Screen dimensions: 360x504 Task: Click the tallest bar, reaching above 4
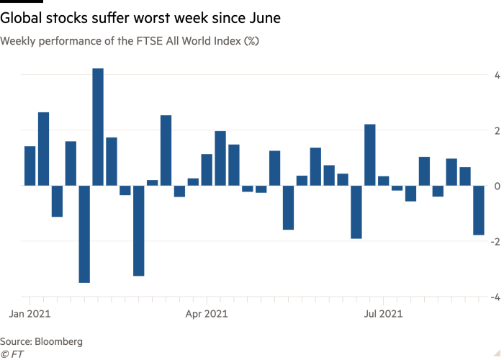coord(98,127)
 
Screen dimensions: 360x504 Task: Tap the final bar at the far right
coord(478,210)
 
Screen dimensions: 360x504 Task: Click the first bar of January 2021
coord(30,166)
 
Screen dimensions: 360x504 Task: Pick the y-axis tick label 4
coord(497,75)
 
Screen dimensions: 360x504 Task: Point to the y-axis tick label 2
coord(497,130)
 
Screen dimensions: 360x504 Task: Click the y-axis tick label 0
coord(497,186)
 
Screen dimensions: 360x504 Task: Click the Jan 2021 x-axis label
coord(30,314)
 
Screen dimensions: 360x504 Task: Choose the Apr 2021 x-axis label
coord(207,314)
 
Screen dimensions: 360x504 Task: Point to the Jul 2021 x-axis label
coord(382,314)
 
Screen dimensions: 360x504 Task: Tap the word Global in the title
coord(22,16)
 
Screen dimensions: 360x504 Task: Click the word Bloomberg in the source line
coord(58,341)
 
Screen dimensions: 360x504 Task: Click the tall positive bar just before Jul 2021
coord(370,155)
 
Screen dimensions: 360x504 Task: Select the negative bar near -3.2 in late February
coord(138,230)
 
